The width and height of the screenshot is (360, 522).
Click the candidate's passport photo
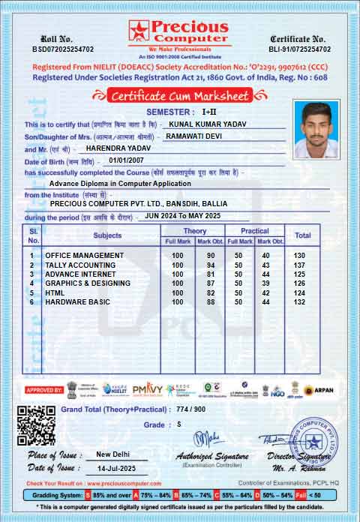[x=315, y=127]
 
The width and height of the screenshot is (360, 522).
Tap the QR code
[x=36, y=425]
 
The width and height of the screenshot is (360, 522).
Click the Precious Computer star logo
[x=139, y=31]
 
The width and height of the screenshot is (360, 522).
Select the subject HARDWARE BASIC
[x=77, y=301]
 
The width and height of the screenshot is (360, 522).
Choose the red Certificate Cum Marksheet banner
[x=179, y=95]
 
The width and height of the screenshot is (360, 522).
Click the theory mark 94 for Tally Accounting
[x=211, y=265]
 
